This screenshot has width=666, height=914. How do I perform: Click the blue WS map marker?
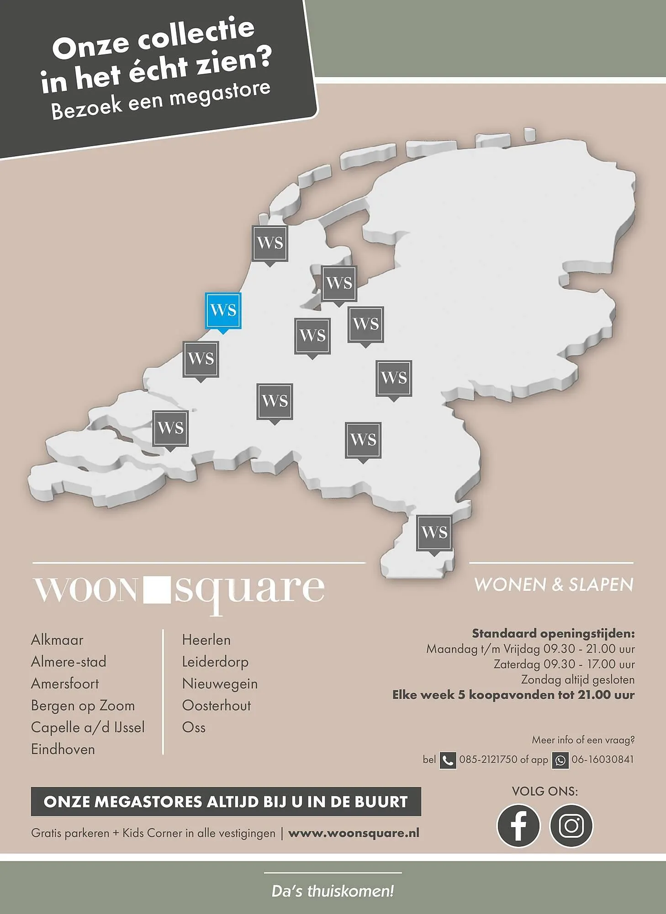click(223, 310)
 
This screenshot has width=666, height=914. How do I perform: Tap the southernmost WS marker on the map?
click(434, 533)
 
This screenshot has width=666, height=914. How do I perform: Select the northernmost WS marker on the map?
click(270, 243)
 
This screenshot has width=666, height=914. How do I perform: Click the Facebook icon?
click(518, 826)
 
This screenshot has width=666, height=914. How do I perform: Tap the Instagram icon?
click(571, 826)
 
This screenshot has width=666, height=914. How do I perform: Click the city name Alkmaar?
click(57, 640)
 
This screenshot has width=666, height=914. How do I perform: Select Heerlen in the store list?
click(206, 640)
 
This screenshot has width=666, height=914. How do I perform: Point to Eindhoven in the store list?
click(63, 749)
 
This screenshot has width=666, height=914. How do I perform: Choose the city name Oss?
click(194, 728)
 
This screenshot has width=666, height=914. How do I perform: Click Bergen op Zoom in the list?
click(83, 706)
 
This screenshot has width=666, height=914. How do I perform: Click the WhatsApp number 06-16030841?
click(602, 760)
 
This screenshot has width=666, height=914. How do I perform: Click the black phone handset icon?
click(448, 760)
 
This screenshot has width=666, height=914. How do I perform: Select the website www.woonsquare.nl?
click(354, 833)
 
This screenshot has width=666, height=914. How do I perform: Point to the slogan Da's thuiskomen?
click(333, 891)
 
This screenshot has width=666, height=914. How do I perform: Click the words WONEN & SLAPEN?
click(554, 585)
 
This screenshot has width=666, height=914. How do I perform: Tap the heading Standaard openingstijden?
click(553, 633)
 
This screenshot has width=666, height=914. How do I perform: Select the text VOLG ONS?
click(544, 792)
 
